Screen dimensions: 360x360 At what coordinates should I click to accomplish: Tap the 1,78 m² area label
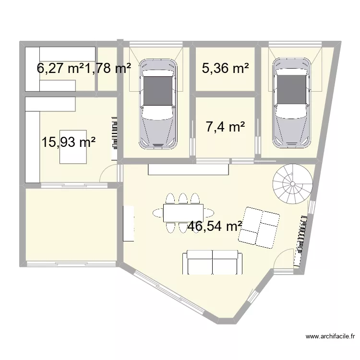[108, 68]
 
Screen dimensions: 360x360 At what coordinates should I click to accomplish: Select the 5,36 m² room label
[226, 68]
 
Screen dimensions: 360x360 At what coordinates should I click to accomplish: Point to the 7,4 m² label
[226, 127]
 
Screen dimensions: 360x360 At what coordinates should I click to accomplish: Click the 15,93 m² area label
[69, 142]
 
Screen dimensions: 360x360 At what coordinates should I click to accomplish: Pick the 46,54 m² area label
[215, 226]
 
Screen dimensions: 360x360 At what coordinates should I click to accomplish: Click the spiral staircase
[293, 184]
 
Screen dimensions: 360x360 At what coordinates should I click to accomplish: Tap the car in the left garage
[158, 104]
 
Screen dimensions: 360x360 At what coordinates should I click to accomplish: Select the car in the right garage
[291, 103]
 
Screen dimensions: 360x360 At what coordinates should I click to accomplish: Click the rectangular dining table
[183, 213]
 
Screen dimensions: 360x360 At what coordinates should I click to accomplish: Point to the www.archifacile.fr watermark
[330, 336]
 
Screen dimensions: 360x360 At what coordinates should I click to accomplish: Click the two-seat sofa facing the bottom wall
[212, 262]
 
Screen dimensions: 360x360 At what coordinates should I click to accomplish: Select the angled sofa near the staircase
[259, 228]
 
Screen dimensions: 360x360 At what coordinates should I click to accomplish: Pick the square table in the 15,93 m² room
[73, 147]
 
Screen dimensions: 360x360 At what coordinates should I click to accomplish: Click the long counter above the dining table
[188, 169]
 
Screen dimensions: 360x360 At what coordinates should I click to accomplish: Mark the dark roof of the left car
[158, 91]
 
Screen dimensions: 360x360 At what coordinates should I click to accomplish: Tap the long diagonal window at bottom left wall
[169, 291]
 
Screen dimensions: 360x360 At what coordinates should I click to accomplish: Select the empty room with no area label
[71, 225]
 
